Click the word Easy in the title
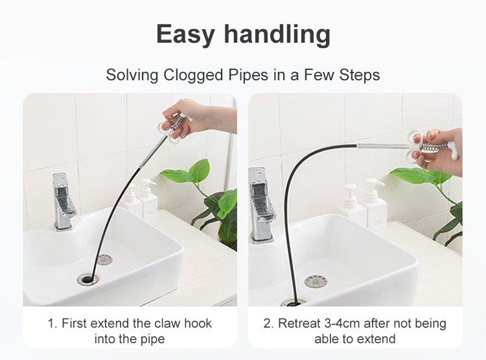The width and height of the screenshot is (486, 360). tap(185, 34)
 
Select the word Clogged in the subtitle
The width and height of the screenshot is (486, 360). tap(193, 75)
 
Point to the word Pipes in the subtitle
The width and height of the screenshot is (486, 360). tap(248, 75)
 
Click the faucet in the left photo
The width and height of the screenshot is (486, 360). tap(63, 201)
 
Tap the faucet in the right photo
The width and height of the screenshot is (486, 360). tap(262, 205)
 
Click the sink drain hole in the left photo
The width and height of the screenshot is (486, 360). tap(87, 280)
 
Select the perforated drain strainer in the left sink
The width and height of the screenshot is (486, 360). tap(104, 259)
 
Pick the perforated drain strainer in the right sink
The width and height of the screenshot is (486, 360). tap(316, 281)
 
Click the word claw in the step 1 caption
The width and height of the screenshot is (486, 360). tap(167, 323)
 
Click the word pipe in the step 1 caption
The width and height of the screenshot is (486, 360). tap(153, 339)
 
